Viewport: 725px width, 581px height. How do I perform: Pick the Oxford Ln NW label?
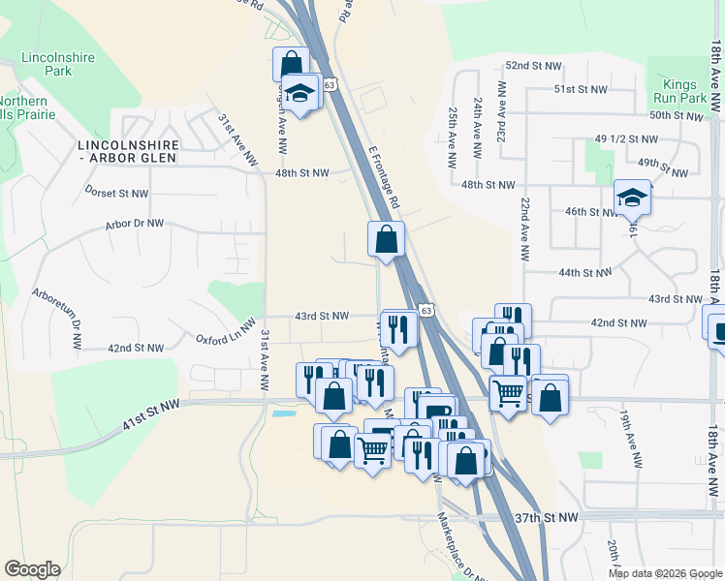point(225,332)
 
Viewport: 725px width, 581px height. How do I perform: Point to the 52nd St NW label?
point(533,65)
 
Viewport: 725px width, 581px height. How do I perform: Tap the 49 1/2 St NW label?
point(622,138)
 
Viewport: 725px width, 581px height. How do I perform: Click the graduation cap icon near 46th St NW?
point(632,199)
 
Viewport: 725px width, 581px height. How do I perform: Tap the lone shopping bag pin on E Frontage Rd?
point(386,238)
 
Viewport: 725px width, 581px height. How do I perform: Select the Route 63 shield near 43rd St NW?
point(426,309)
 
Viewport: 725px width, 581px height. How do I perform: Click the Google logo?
point(32,569)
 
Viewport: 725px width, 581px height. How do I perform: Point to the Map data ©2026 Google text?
point(664,573)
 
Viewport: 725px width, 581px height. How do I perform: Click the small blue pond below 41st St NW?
point(284,413)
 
